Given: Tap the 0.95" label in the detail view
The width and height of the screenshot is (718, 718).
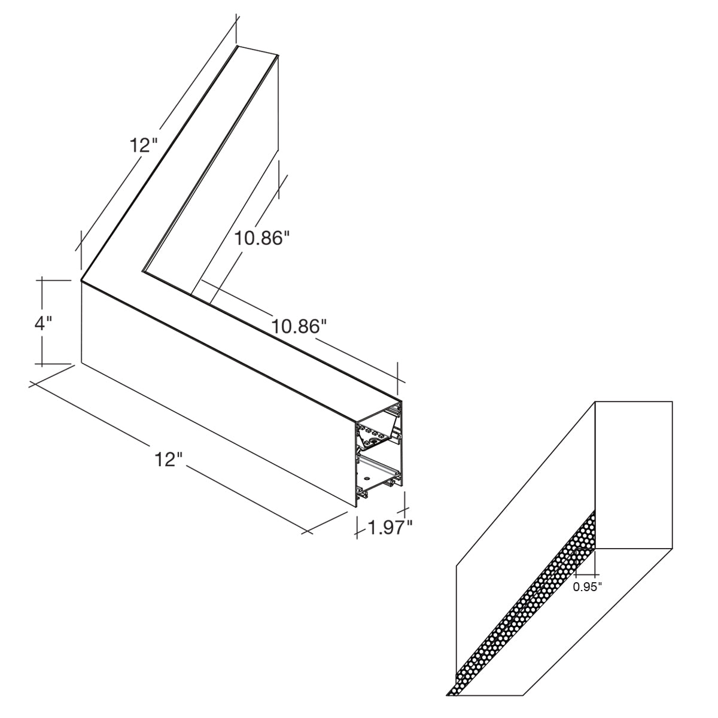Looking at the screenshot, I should click(x=587, y=586).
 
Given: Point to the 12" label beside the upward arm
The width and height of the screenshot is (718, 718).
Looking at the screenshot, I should click(x=144, y=145).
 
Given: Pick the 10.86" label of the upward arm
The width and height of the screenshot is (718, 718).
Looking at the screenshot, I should click(x=262, y=238).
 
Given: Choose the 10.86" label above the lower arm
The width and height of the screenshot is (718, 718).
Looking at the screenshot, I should click(x=299, y=327).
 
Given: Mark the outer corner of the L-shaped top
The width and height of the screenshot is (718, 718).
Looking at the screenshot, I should click(x=81, y=281).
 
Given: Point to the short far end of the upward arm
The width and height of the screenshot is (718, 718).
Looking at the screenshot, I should click(x=257, y=51).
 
